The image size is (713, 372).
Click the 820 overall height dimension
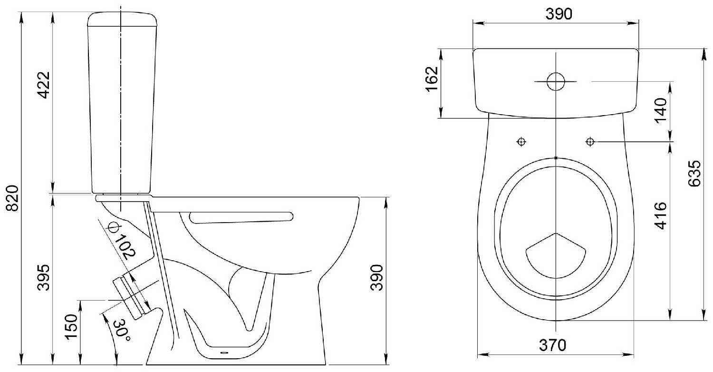(x=13, y=198)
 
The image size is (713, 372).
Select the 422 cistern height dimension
(x=44, y=85)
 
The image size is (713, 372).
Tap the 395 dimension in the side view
(x=44, y=277)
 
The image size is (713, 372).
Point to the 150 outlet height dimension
(x=71, y=327)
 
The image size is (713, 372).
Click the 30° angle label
(x=122, y=330)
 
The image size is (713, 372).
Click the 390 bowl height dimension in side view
(x=377, y=277)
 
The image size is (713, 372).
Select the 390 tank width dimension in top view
(x=559, y=14)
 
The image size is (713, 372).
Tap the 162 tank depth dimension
(x=432, y=78)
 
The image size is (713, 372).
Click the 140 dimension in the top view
(x=661, y=110)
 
